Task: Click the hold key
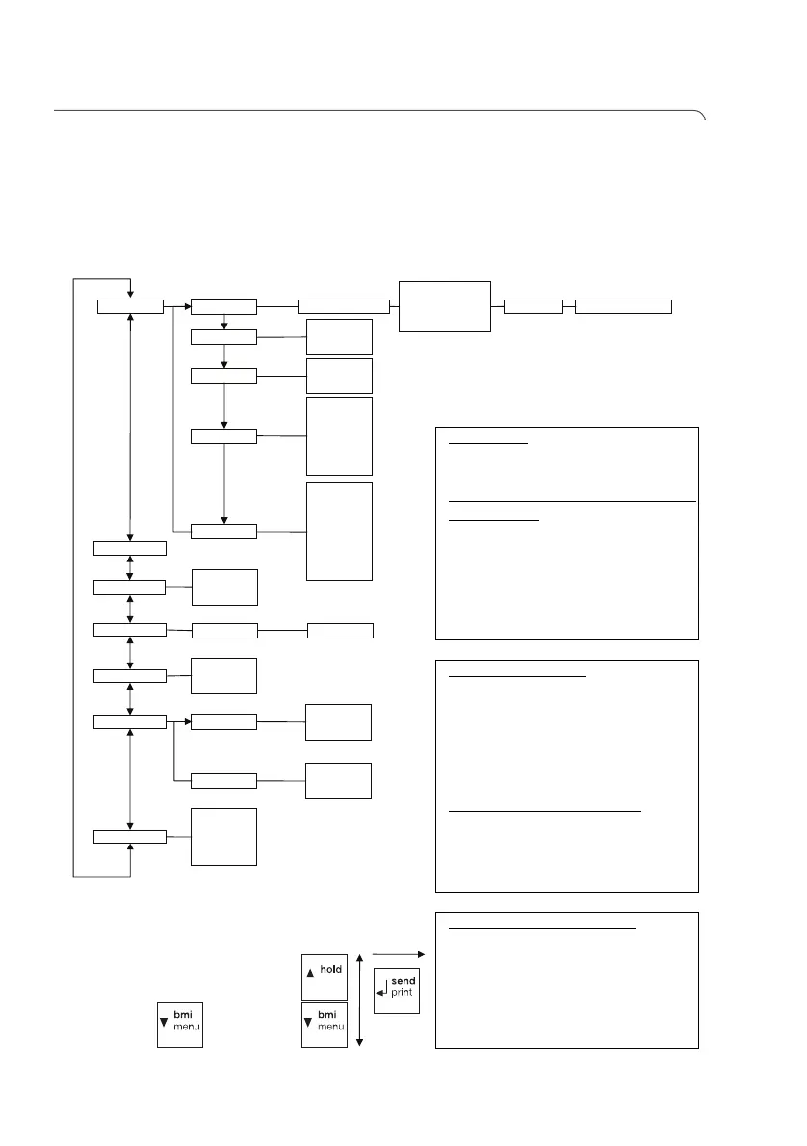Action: coord(324,977)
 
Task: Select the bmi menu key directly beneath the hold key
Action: coord(324,1025)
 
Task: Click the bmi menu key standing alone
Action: coord(180,1025)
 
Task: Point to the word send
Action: coord(403,981)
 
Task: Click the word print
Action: coord(403,993)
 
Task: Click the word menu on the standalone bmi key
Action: coord(186,1030)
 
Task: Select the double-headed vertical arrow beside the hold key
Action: coord(359,1000)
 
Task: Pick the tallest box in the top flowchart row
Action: coord(444,306)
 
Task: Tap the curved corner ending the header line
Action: coord(702,116)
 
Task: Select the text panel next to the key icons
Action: coord(566,979)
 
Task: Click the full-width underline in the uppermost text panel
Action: coord(573,502)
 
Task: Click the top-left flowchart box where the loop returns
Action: coord(130,306)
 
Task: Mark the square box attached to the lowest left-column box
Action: coord(224,836)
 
